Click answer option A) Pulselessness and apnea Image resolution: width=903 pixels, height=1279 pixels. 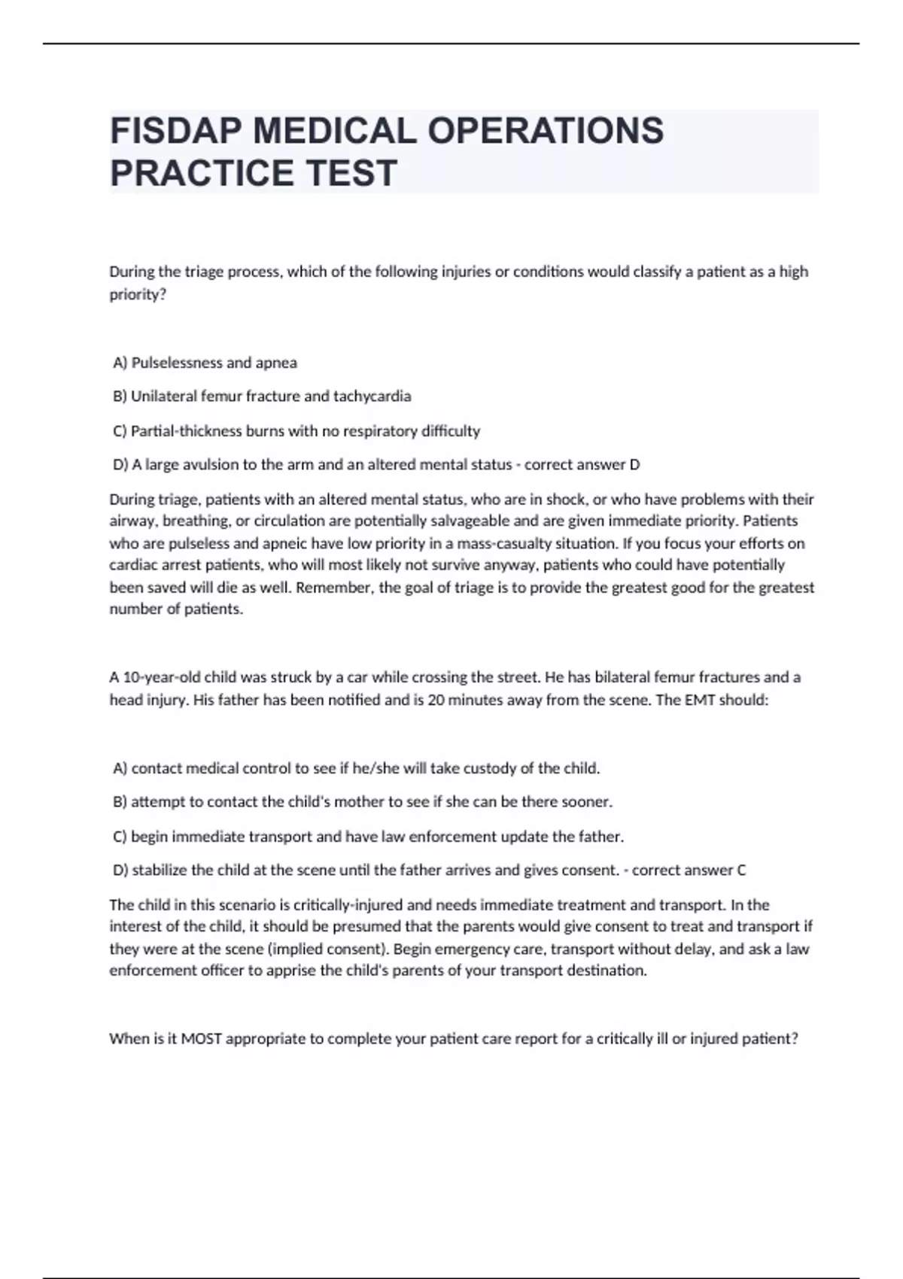205,363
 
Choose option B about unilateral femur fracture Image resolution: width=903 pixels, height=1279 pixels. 262,396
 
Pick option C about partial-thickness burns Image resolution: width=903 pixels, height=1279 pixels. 296,431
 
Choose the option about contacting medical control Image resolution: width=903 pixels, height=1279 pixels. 357,768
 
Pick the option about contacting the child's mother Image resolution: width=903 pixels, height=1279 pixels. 363,802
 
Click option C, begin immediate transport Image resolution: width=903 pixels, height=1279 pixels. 369,837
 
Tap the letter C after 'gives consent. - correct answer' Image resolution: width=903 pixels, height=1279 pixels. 741,870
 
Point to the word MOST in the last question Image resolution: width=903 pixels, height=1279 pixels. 201,1039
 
